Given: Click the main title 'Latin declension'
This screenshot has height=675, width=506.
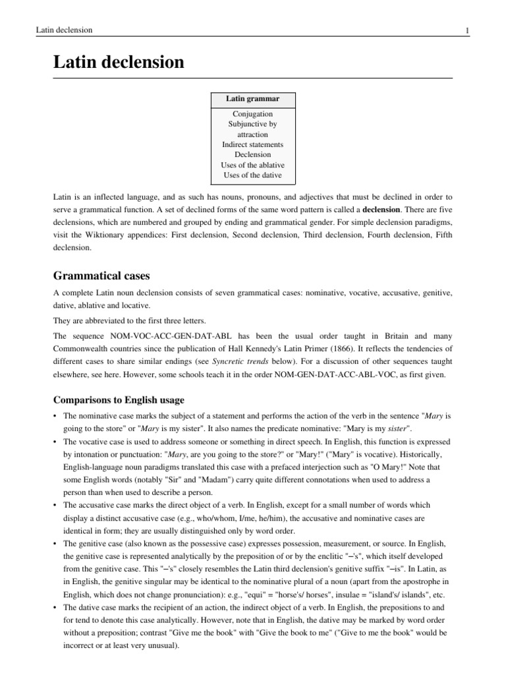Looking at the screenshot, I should coord(119,63).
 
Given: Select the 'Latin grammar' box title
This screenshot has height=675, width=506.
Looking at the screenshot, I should coord(253,99).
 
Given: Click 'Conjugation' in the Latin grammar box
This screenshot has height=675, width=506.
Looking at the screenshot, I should coord(253,114).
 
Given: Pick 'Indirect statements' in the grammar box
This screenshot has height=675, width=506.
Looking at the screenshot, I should coord(253,144).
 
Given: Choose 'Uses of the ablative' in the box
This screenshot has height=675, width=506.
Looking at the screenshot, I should coord(253,165).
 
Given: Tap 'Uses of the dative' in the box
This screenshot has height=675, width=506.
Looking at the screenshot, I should coord(253,175).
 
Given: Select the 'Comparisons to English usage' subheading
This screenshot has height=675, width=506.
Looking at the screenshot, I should coord(119,399).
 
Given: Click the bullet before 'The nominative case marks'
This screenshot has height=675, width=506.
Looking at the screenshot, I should coord(55,417).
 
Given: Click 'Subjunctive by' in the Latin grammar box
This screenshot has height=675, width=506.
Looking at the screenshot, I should coord(253,124).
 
